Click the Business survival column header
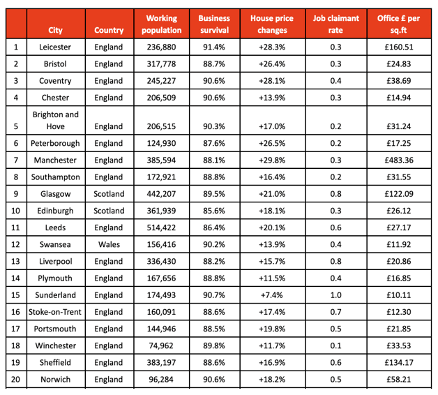tap(214, 24)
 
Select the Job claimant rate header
tap(335, 24)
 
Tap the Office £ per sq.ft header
tap(399, 24)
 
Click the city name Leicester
tap(55, 47)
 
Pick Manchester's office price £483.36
tap(399, 161)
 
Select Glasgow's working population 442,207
tap(161, 194)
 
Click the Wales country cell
tap(109, 244)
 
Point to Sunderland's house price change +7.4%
tap(272, 295)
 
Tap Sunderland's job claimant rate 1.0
tap(335, 295)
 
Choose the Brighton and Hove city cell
tap(55, 121)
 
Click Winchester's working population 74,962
tap(161, 345)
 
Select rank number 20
tap(15, 380)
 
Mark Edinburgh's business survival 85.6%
tap(214, 211)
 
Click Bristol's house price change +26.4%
tap(272, 64)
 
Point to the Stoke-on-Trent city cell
tap(55, 312)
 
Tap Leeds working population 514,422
tap(161, 228)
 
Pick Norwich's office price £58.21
tap(399, 380)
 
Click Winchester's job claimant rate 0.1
tap(335, 345)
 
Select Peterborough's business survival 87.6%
tap(214, 143)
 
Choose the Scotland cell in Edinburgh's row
tap(109, 211)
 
